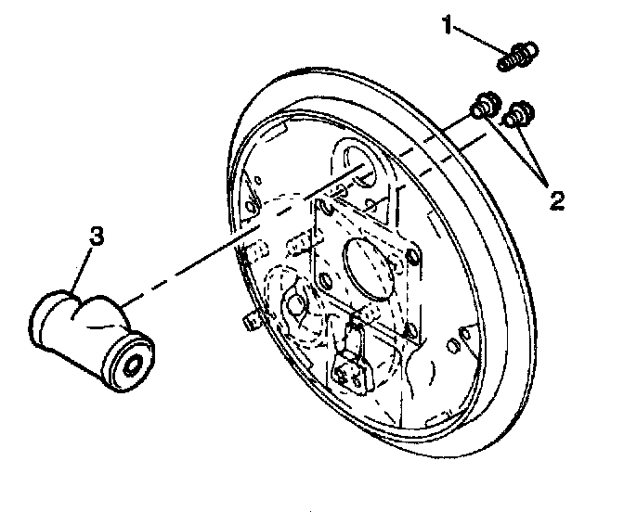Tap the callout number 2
pos(555,199)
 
